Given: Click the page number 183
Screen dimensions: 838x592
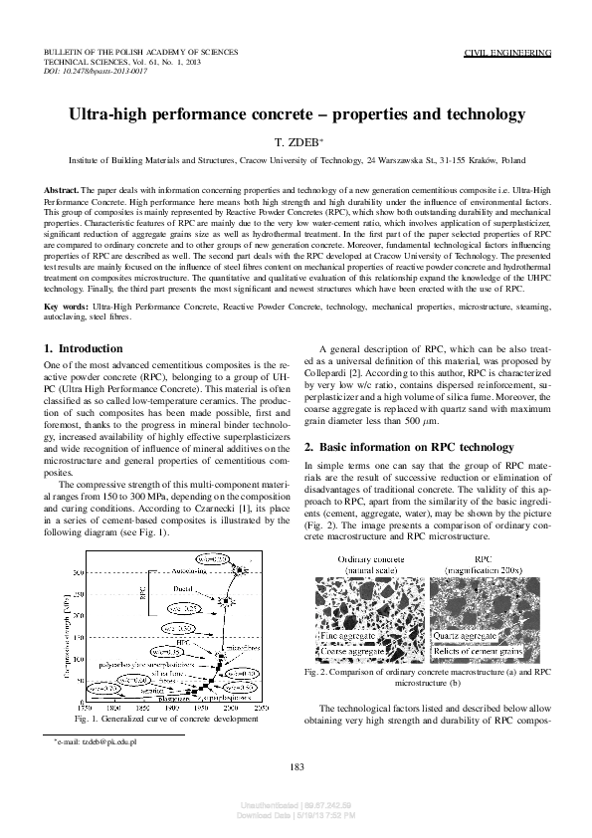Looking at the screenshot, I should point(296,765).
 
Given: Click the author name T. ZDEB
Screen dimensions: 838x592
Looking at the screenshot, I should point(296,142).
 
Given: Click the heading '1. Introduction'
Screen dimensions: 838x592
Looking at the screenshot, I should point(85,348).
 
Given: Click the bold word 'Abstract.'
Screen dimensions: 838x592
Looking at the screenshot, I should point(63,189).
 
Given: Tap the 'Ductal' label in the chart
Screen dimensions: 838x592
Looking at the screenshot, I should point(183,590).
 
